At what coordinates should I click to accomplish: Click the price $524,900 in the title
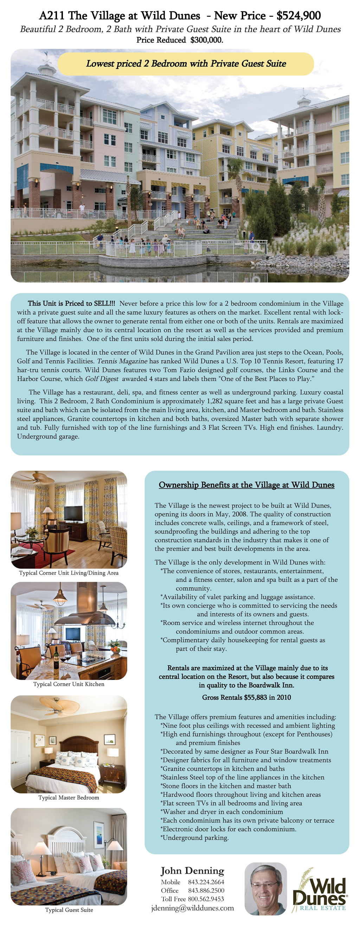pyautogui.click(x=298, y=16)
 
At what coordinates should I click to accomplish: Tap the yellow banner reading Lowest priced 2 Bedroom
pyautogui.click(x=186, y=64)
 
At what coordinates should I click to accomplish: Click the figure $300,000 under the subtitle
pyautogui.click(x=206, y=40)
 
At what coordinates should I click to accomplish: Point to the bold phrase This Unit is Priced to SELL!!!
pyautogui.click(x=72, y=304)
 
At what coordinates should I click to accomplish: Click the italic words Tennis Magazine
pyautogui.click(x=122, y=361)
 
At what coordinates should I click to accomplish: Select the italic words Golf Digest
pyautogui.click(x=102, y=379)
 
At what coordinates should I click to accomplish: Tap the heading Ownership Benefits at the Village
pyautogui.click(x=246, y=485)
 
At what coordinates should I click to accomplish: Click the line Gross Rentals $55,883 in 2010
pyautogui.click(x=246, y=697)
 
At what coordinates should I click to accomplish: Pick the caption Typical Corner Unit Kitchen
pyautogui.click(x=69, y=684)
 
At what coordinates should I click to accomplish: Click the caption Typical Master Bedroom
pyautogui.click(x=69, y=797)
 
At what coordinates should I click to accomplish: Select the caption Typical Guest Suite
pyautogui.click(x=69, y=909)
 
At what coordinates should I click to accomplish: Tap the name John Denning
pyautogui.click(x=193, y=870)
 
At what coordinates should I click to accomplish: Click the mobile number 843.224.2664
pyautogui.click(x=206, y=882)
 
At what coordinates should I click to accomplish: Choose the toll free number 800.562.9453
pyautogui.click(x=206, y=899)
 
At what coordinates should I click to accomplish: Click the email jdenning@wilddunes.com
pyautogui.click(x=193, y=908)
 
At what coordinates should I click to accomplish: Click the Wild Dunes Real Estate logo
pyautogui.click(x=320, y=891)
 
